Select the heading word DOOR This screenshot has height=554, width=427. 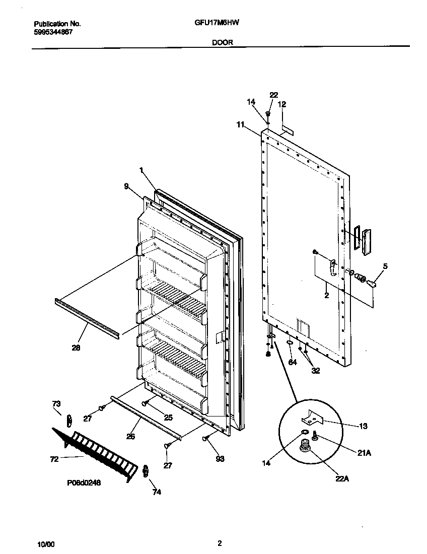(x=222, y=43)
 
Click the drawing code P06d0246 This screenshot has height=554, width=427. (x=84, y=482)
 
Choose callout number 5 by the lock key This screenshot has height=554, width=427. (x=385, y=266)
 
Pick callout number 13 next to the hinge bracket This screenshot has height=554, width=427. (x=363, y=426)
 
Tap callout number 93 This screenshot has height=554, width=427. (x=220, y=459)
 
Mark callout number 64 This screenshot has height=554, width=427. (x=292, y=362)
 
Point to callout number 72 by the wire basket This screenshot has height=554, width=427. (x=54, y=459)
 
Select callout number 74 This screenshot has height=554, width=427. (x=157, y=492)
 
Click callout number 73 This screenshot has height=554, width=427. (x=56, y=404)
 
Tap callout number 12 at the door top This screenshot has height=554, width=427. (x=282, y=104)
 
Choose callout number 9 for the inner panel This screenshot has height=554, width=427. (x=126, y=186)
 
